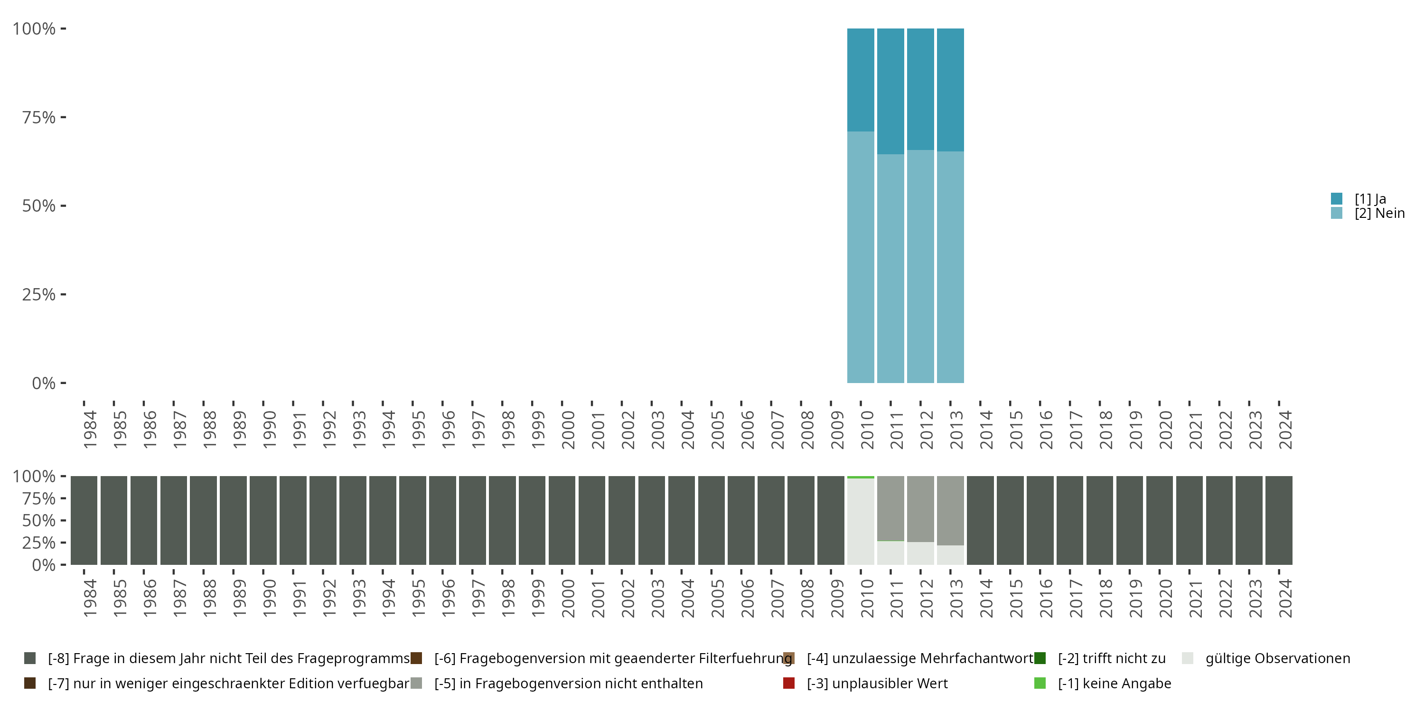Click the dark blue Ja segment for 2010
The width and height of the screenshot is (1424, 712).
pos(861,80)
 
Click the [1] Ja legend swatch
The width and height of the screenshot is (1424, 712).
pos(1336,198)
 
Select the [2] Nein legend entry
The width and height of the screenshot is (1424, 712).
pos(1379,214)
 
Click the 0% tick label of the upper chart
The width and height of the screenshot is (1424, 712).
pos(43,383)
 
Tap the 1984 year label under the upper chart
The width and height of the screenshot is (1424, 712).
pos(90,430)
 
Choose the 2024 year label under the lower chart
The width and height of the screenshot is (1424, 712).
pos(1285,598)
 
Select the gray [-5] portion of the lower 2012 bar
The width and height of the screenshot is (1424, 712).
pos(920,508)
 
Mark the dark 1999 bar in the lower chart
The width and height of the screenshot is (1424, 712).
pos(532,520)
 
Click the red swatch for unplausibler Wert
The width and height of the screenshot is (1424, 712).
pos(789,683)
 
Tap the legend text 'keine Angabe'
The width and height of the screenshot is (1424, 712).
pos(1115,683)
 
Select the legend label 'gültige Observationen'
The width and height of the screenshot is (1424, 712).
pos(1277,658)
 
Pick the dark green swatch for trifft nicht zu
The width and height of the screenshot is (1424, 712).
pos(1040,658)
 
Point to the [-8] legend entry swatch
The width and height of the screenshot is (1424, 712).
pos(30,658)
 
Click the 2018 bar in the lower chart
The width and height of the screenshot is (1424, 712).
pos(1099,520)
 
